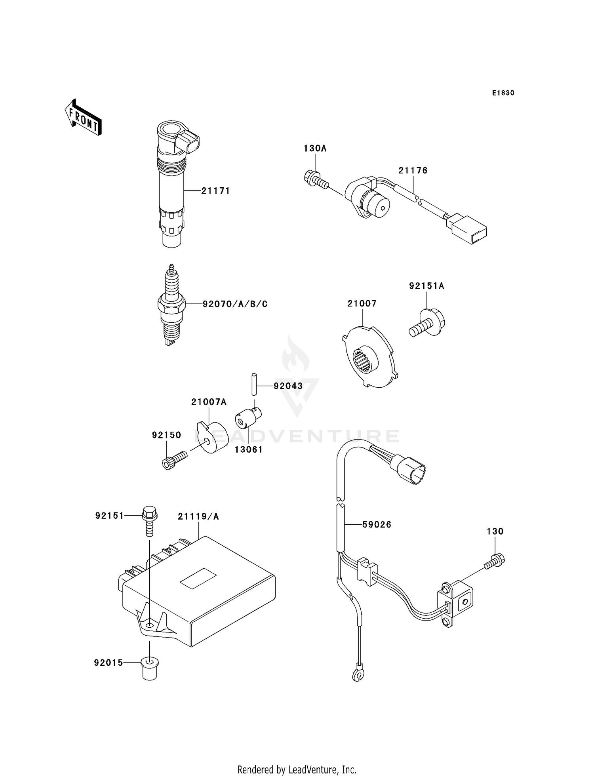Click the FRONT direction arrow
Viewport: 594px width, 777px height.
pyautogui.click(x=84, y=118)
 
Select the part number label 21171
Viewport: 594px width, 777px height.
pyautogui.click(x=215, y=191)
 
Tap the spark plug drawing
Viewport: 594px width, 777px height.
pyautogui.click(x=171, y=305)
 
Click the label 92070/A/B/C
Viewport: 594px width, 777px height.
pyautogui.click(x=235, y=304)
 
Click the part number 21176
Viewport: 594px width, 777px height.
pyautogui.click(x=413, y=171)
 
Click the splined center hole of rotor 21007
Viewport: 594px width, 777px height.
pyautogui.click(x=365, y=360)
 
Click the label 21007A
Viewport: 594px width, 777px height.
pyautogui.click(x=209, y=402)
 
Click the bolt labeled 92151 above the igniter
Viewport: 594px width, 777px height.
pyautogui.click(x=149, y=521)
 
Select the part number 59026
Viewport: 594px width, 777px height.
pyautogui.click(x=377, y=525)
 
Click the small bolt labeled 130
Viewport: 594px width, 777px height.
pyautogui.click(x=495, y=561)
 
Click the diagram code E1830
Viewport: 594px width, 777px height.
pyautogui.click(x=503, y=93)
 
